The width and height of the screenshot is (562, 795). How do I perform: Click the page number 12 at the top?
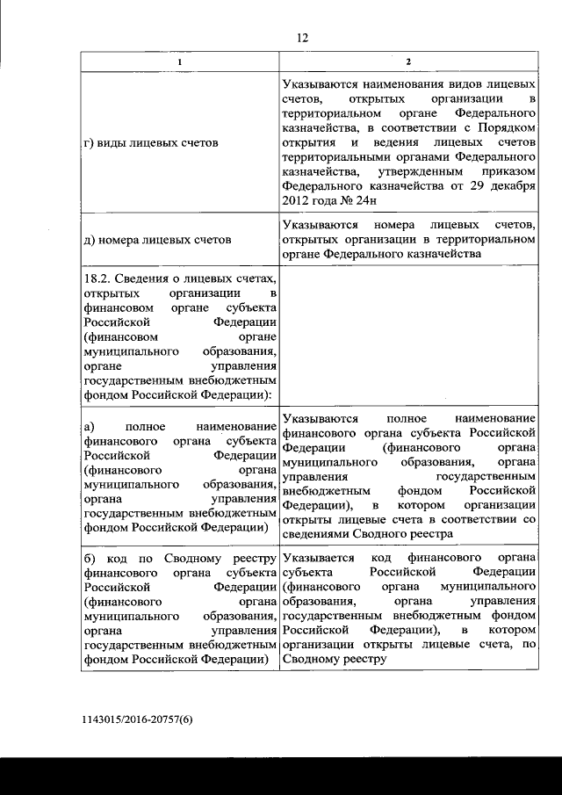pyautogui.click(x=303, y=37)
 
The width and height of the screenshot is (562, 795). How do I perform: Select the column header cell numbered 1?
pyautogui.click(x=180, y=61)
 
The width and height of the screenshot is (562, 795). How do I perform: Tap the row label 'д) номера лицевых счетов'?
pyautogui.click(x=157, y=239)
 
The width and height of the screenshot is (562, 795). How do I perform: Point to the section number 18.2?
pyautogui.click(x=97, y=278)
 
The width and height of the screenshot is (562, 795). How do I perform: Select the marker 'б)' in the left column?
pyautogui.click(x=89, y=558)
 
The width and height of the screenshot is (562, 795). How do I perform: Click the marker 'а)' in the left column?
pyautogui.click(x=88, y=426)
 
